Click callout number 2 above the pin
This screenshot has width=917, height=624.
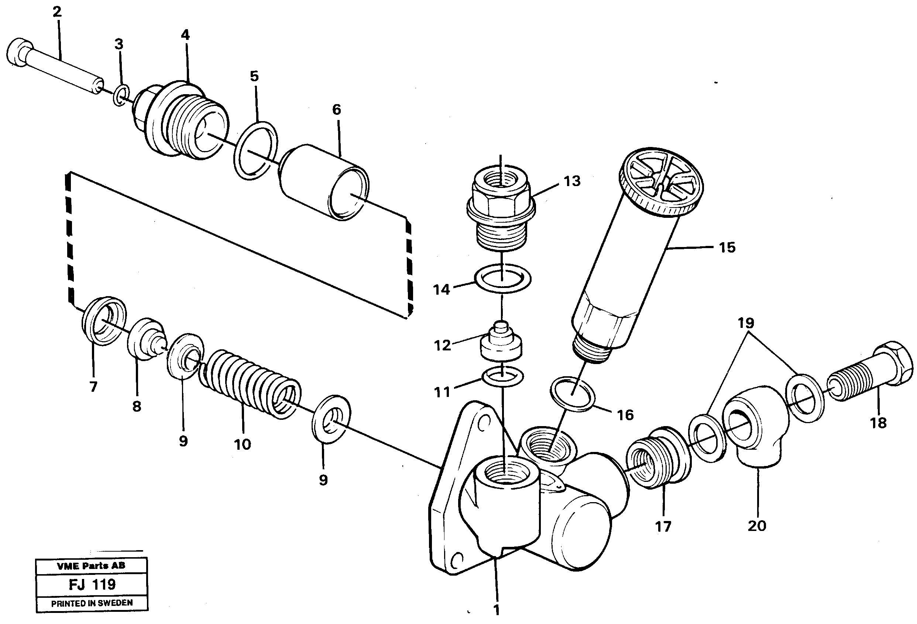click(57, 12)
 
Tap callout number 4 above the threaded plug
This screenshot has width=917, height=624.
click(185, 35)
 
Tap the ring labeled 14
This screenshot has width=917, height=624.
click(502, 278)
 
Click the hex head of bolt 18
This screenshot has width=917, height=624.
click(895, 362)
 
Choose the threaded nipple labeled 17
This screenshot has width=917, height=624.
click(658, 458)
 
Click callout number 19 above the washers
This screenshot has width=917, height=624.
click(746, 323)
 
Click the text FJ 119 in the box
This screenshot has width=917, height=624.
click(92, 584)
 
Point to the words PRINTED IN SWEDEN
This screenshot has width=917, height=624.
click(92, 603)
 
